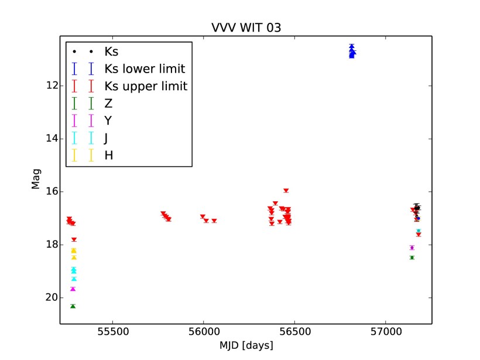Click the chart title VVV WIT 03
[242, 28]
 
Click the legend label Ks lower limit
[145, 69]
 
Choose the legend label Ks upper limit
[146, 87]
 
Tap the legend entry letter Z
[108, 104]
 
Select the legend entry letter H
[109, 155]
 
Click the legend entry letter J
[108, 138]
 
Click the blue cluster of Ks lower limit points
[352, 52]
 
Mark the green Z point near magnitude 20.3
[73, 306]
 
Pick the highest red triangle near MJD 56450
[286, 190]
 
